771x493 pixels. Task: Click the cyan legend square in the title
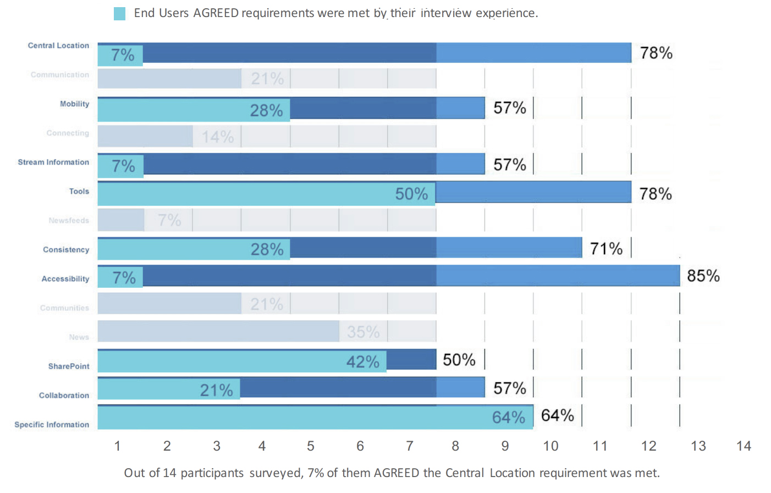click(119, 14)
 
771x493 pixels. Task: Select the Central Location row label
click(58, 46)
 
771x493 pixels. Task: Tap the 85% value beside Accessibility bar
click(703, 276)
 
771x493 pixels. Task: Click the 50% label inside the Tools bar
click(411, 194)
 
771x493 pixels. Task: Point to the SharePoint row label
click(69, 366)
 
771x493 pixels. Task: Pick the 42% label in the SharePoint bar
click(362, 361)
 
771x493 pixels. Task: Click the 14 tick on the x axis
click(744, 446)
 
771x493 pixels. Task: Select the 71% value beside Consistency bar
click(606, 249)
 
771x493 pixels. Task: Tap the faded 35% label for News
click(363, 332)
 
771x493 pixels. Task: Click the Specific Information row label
click(52, 425)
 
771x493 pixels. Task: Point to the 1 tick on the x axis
click(117, 446)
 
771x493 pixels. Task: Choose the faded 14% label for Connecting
click(217, 136)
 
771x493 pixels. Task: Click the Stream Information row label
click(53, 162)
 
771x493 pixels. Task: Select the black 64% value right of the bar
click(557, 415)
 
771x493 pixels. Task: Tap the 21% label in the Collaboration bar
click(216, 390)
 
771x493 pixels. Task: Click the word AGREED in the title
click(216, 13)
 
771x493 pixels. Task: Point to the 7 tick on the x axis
click(410, 446)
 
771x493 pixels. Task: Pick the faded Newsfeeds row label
click(69, 221)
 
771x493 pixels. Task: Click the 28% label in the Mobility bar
click(266, 110)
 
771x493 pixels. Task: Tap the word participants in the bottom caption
click(212, 473)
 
